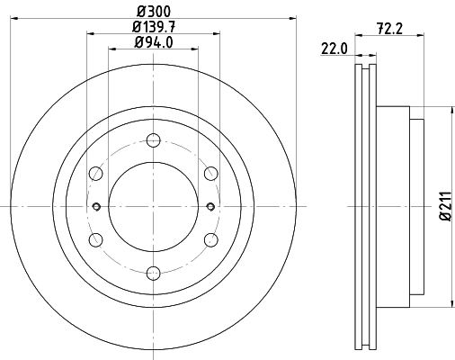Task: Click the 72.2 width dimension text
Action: [389, 27]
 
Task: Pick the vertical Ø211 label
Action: [443, 207]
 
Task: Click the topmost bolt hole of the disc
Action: [152, 139]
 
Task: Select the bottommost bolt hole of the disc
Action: [152, 273]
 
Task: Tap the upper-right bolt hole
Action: [210, 173]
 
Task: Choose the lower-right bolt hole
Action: [210, 239]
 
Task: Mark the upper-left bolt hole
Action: [94, 173]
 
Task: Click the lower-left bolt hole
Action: [94, 239]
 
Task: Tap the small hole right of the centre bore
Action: [210, 206]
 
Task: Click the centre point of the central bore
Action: [152, 206]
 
